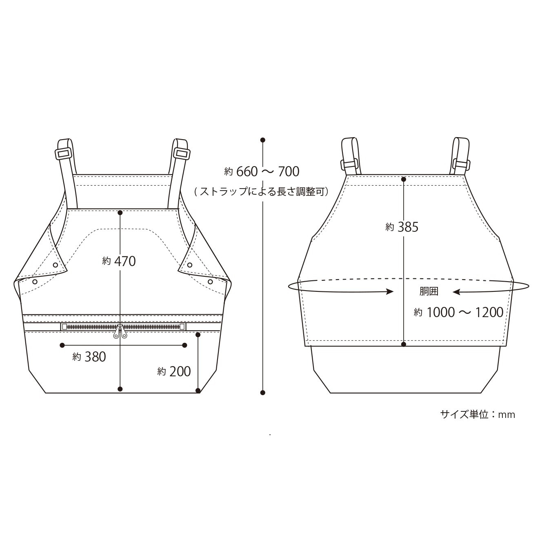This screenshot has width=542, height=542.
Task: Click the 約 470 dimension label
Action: point(119,262)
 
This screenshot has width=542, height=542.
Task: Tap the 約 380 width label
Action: point(89,357)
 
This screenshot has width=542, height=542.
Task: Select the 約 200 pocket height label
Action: point(174,371)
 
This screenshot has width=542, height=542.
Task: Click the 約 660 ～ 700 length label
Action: point(262,171)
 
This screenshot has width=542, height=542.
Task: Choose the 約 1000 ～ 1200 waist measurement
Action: point(458,313)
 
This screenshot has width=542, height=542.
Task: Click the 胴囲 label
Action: point(429,291)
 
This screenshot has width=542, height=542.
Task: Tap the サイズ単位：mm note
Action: point(478,415)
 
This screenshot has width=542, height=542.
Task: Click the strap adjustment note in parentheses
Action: point(262,192)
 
